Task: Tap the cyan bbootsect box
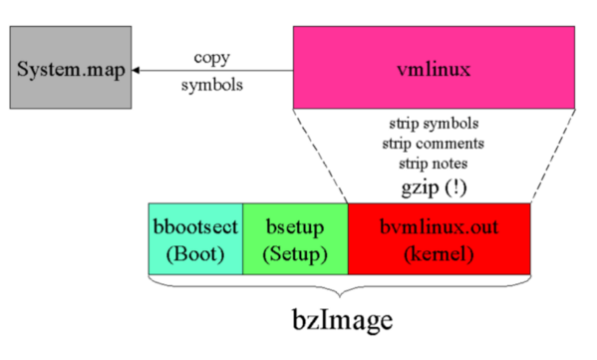pos(194,238)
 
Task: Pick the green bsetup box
pos(295,238)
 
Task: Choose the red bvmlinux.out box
pos(439,238)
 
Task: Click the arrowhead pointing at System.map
pos(138,71)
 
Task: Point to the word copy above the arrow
pos(211,57)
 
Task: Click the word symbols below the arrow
pos(211,85)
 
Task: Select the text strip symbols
pos(434,125)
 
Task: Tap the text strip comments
pos(434,144)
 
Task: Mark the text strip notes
pos(434,163)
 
